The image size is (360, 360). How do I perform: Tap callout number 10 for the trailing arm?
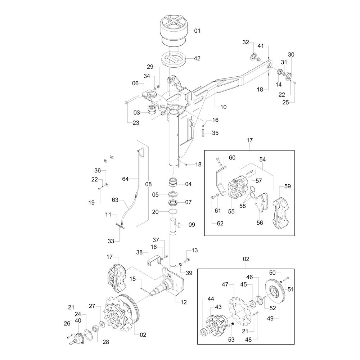223,107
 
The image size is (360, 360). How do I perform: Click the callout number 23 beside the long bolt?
136,123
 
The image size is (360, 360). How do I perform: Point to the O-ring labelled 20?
174,211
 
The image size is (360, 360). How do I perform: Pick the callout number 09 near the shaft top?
192,225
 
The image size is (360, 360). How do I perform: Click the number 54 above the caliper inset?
262,159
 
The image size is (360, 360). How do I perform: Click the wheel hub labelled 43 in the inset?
216,324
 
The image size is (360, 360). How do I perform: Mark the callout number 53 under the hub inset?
231,339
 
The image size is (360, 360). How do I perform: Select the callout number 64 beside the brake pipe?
125,179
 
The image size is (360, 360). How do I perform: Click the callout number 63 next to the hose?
115,200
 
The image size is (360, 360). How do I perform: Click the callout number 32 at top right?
246,42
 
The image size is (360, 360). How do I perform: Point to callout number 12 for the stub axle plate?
184,302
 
